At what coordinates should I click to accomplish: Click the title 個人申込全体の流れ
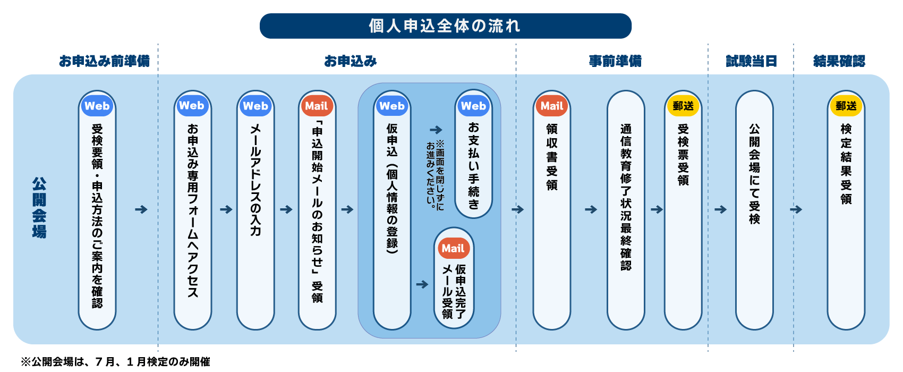pos(445,26)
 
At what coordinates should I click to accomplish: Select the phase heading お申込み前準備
pos(104,61)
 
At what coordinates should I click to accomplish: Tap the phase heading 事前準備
pos(615,61)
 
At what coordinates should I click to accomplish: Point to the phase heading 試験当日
pos(751,61)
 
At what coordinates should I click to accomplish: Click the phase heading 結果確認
pos(839,61)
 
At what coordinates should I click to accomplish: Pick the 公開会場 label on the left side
pos(39,208)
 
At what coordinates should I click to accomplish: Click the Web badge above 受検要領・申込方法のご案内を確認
pos(97,106)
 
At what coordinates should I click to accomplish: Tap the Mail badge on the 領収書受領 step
pos(552,106)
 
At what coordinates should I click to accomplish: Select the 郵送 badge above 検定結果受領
pos(846,106)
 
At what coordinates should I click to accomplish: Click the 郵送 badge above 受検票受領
pos(683,106)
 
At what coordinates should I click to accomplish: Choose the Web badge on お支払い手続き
pos(473,106)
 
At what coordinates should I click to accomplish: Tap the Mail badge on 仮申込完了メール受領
pos(453,248)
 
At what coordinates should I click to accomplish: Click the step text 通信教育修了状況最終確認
pos(626,197)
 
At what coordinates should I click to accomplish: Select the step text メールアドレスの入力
pos(255,180)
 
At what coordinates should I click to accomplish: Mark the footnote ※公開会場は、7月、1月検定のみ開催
pos(115,362)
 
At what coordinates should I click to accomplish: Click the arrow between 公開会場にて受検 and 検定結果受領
pos(796,209)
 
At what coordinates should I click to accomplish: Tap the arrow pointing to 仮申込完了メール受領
pos(422,284)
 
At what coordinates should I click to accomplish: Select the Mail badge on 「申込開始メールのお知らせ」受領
pos(317,106)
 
